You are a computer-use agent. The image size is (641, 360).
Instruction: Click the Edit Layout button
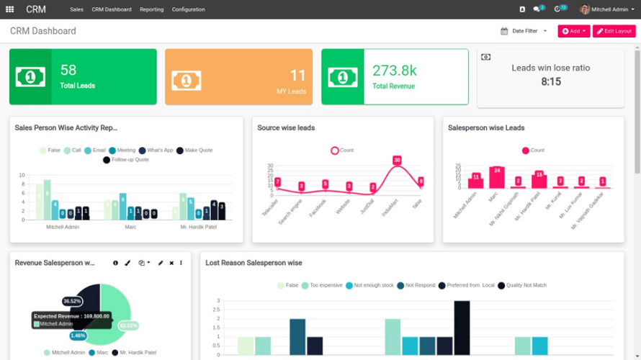pyautogui.click(x=614, y=31)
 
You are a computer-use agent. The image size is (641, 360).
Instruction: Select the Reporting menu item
pyautogui.click(x=151, y=9)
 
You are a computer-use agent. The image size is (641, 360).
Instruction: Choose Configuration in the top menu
pyautogui.click(x=188, y=9)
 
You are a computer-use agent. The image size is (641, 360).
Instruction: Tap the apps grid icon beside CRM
pyautogui.click(x=10, y=9)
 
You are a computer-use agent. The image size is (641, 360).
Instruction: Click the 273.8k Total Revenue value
pyautogui.click(x=394, y=71)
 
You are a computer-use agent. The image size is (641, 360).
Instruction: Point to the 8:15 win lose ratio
pyautogui.click(x=550, y=81)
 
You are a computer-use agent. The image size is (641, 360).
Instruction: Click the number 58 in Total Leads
pyautogui.click(x=68, y=70)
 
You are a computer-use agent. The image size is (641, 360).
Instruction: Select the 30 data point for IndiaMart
pyautogui.click(x=397, y=160)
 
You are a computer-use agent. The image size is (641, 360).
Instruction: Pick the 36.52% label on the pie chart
pyautogui.click(x=72, y=301)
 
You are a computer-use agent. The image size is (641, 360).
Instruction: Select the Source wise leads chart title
pyautogui.click(x=286, y=127)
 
